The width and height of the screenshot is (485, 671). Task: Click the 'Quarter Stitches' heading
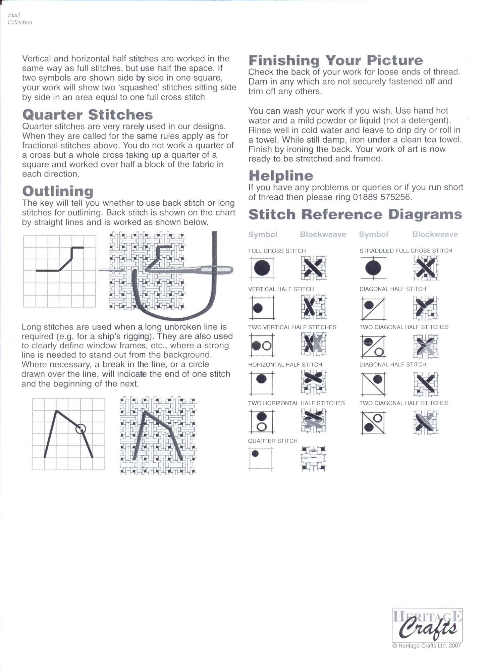[87, 115]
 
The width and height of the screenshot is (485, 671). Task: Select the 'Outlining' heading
[58, 191]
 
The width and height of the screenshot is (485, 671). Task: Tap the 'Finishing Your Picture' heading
[335, 61]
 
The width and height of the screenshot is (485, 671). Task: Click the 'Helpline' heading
[281, 176]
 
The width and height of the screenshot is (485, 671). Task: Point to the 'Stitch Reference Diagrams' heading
[355, 214]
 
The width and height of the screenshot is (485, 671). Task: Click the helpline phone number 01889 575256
[381, 197]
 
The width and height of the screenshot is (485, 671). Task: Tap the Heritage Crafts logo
[427, 625]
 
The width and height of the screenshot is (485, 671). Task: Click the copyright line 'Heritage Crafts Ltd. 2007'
[427, 646]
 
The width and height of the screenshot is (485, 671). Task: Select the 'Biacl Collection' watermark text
[20, 19]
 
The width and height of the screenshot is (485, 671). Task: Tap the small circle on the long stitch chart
[80, 428]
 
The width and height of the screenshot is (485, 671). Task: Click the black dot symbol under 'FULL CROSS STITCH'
[262, 268]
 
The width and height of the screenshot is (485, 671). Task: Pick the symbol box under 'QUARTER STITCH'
[261, 459]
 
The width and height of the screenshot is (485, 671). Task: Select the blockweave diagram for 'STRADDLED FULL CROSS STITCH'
[426, 268]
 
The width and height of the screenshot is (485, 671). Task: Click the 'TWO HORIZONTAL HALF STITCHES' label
[296, 403]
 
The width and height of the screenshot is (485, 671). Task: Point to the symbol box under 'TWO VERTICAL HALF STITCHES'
[262, 345]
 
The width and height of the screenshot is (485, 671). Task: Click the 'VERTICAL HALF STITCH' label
[281, 289]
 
